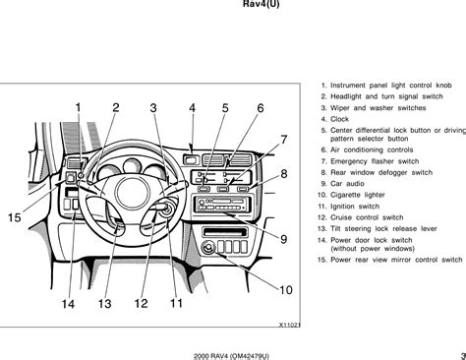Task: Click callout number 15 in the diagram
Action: [x=15, y=217]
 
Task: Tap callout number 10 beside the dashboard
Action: [x=286, y=290]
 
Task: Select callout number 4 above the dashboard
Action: [x=193, y=108]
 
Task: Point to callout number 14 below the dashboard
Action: [x=68, y=304]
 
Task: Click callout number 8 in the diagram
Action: [x=284, y=173]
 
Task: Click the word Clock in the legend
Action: [x=339, y=119]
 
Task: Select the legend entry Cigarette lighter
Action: [x=358, y=195]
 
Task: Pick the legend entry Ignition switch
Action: [x=355, y=207]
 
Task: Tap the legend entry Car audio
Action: [x=347, y=184]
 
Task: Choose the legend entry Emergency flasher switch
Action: [x=375, y=161]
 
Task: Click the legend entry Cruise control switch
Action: [x=367, y=217]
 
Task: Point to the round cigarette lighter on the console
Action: [x=207, y=248]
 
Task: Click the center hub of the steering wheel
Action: [x=132, y=193]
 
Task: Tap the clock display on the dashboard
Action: [x=191, y=160]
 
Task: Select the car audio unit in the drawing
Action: [x=223, y=204]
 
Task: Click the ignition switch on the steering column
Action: [x=168, y=209]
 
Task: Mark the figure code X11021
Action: [x=290, y=325]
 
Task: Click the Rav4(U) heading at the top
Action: [x=262, y=4]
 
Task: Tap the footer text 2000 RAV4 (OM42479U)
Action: [x=231, y=356]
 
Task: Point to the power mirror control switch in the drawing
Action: [x=71, y=178]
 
